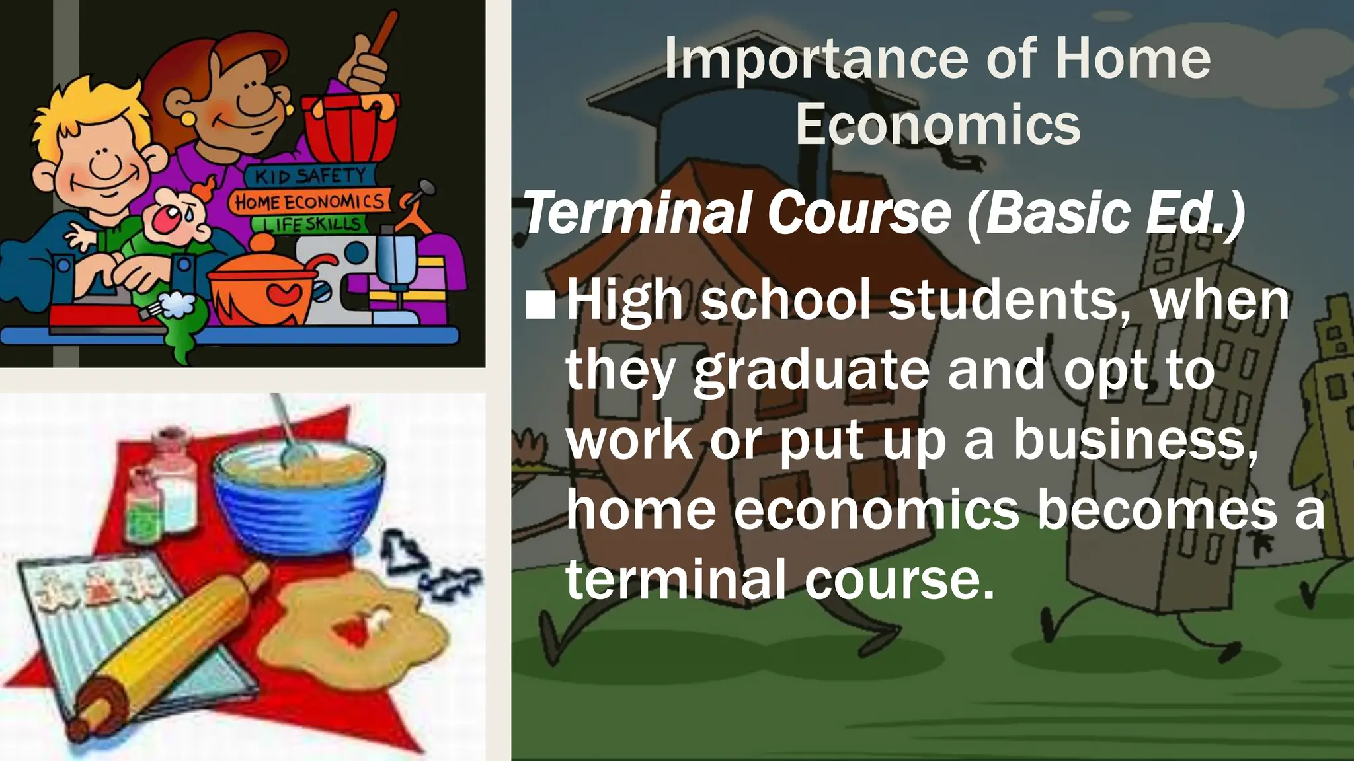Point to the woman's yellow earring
click(187, 120)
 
